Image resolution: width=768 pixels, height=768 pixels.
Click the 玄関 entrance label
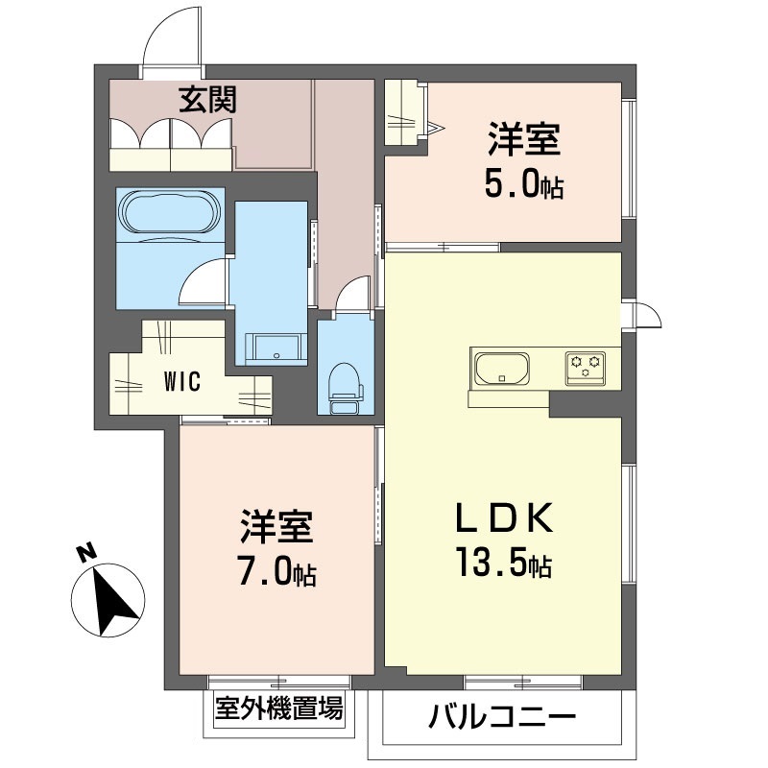(x=207, y=100)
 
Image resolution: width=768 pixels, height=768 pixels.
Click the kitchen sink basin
(x=502, y=369)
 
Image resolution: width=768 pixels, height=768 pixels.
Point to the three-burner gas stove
(x=586, y=368)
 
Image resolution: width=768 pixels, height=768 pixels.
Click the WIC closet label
(x=182, y=381)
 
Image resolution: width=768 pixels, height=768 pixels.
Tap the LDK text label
(x=505, y=517)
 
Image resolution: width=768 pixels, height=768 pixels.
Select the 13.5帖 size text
(x=504, y=564)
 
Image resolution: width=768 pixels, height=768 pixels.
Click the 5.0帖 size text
(x=523, y=183)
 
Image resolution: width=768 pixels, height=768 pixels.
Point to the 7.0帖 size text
(x=276, y=571)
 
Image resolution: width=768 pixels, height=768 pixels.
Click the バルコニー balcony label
(x=502, y=718)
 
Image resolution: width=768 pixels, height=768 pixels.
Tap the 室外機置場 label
(x=278, y=708)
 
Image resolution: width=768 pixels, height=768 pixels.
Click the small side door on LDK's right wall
(x=646, y=315)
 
